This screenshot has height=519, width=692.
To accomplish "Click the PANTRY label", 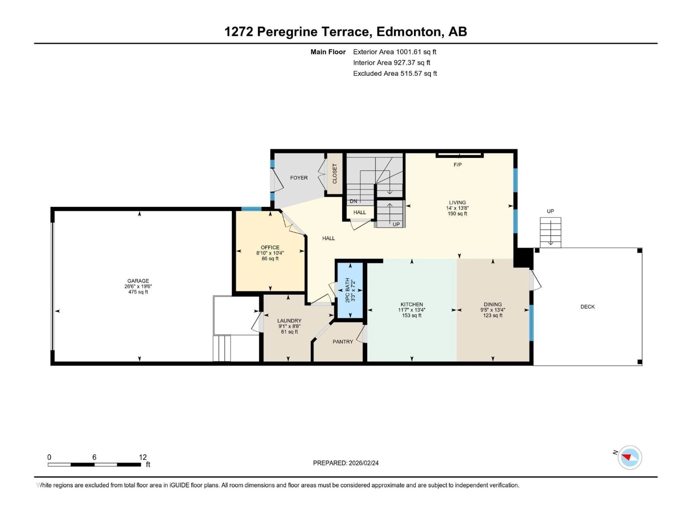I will [x=343, y=342].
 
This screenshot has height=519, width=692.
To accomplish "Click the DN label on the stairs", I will [x=353, y=201].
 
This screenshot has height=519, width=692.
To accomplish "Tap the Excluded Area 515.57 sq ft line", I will [x=395, y=74].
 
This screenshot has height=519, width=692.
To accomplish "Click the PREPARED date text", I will [x=346, y=463].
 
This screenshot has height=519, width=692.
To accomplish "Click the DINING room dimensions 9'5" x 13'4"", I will [x=493, y=310].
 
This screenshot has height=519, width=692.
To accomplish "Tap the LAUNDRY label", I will [x=289, y=321].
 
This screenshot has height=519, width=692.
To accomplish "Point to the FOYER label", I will [x=299, y=178].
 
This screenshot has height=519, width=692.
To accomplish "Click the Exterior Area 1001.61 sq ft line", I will [x=394, y=52].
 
